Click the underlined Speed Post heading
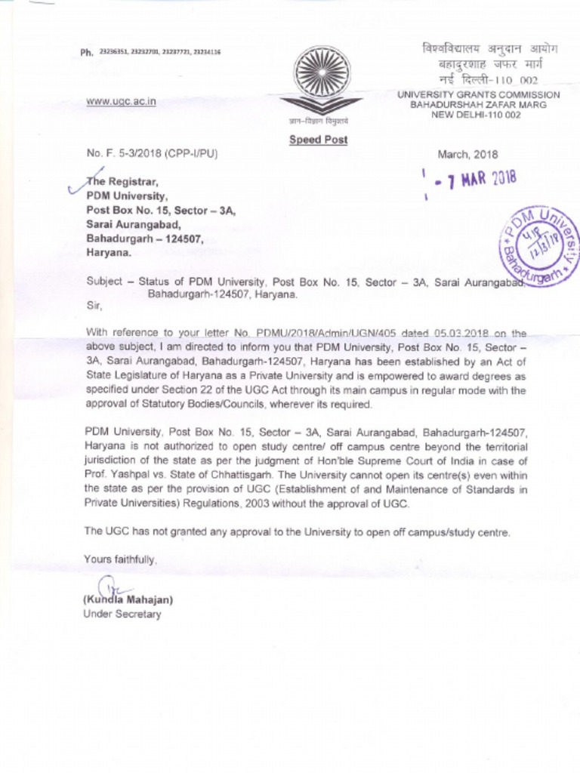tap(319, 140)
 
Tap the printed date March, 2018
tap(467, 154)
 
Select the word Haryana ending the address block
tap(108, 253)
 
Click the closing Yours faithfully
tap(121, 559)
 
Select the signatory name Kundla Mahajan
tap(129, 600)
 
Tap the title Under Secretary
tap(122, 614)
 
